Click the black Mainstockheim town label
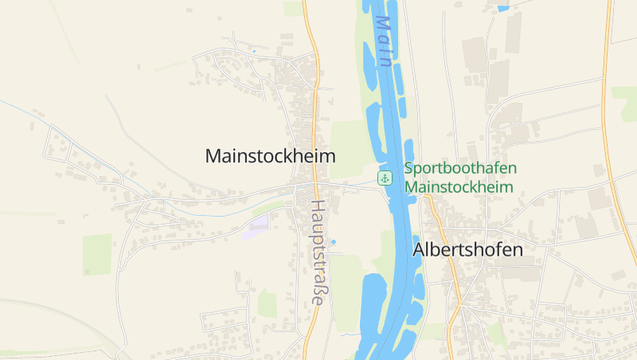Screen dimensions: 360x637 [x=270, y=156]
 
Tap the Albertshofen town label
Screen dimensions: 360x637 [x=467, y=249]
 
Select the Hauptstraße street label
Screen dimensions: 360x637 [x=318, y=252]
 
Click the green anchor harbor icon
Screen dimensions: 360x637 [x=385, y=178]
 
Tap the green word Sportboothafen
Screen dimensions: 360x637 [x=459, y=168]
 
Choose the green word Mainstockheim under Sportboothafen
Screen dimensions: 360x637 [x=459, y=187]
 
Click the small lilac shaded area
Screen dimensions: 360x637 [x=258, y=222]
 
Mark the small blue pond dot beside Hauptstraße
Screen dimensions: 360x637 [x=333, y=241]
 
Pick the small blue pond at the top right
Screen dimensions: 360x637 [x=502, y=8]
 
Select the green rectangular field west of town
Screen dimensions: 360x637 [x=97, y=254]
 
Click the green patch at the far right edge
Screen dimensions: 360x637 [x=625, y=104]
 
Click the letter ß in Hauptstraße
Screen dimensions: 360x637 [x=318, y=288]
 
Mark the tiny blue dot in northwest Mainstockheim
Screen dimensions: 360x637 [x=254, y=52]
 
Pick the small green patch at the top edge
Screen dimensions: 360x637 [x=293, y=7]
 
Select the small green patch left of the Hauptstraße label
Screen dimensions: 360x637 [x=268, y=303]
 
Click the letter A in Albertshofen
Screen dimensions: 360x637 [x=420, y=249]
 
